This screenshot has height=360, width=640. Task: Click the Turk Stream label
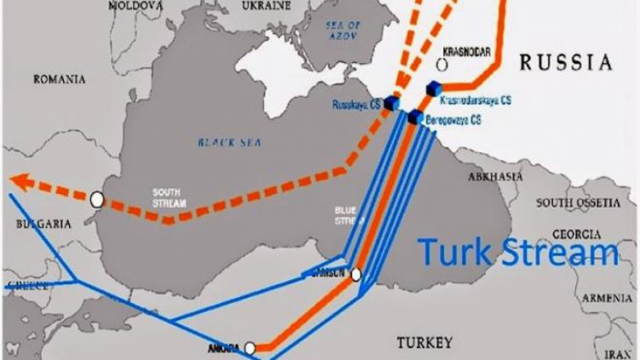coord(518,253)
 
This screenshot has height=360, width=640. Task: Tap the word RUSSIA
coord(566,62)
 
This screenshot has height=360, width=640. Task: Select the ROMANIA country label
coord(59,79)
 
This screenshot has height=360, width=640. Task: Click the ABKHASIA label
coord(495,176)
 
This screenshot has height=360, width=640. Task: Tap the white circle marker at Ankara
coord(249,348)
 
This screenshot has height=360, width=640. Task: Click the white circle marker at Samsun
coord(356,275)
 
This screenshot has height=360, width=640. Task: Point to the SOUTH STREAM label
coord(167,196)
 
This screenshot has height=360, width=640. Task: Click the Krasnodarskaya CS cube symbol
coord(433,88)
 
